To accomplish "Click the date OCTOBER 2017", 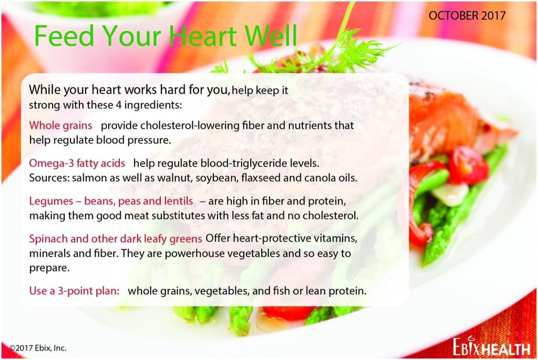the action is click(467, 16).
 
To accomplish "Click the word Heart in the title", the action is click(203, 35).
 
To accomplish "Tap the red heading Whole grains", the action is click(60, 126).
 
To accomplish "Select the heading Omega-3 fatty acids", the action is click(77, 163).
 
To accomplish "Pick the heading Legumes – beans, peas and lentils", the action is click(111, 201).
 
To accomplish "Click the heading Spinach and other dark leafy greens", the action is click(115, 239).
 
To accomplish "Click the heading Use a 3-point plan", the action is click(74, 291).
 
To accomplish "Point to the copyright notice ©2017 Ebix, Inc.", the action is click(38, 348).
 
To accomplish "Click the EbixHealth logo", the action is click(491, 347).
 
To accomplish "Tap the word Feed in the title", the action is click(64, 35).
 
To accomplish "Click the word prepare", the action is click(49, 269).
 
